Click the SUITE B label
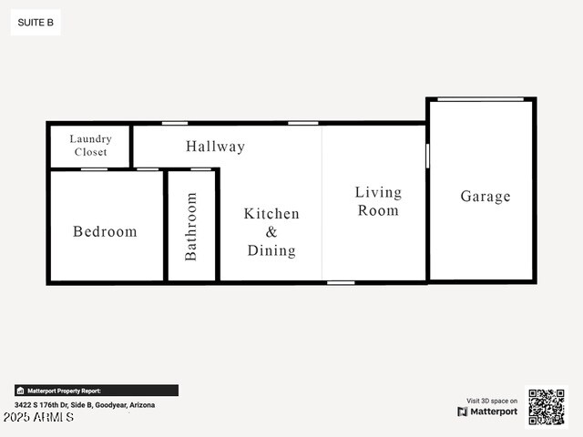point(36,23)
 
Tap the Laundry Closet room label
point(90,146)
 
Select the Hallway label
point(215,146)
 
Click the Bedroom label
point(105,231)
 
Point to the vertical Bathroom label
point(191,227)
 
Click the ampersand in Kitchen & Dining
point(271,232)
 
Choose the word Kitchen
point(271,214)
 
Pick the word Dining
point(271,250)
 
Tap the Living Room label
point(378,201)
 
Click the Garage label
point(485,197)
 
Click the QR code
point(547,407)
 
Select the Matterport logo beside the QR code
point(487,412)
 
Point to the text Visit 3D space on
point(492,401)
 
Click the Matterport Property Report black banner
point(96,391)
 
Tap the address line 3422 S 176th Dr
point(85,404)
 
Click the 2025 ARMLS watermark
point(38,417)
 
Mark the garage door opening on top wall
point(480,99)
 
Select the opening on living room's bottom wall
point(341,282)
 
